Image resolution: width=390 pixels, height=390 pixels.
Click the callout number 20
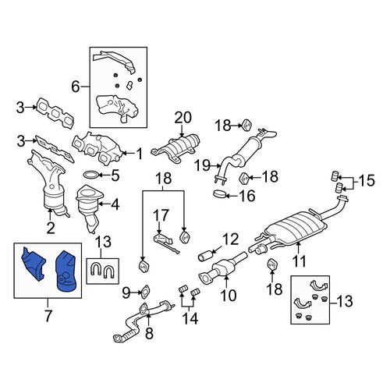click(183, 118)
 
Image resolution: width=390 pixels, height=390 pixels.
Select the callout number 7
click(48, 315)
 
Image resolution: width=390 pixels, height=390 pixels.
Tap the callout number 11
click(300, 261)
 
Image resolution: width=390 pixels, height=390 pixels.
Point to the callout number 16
click(247, 196)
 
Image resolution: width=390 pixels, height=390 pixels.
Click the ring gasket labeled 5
click(90, 175)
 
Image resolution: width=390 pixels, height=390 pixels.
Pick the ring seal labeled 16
click(220, 194)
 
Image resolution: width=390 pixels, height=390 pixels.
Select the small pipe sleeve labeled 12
click(205, 255)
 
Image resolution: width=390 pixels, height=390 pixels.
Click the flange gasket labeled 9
click(145, 292)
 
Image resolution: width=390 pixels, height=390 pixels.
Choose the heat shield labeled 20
click(177, 149)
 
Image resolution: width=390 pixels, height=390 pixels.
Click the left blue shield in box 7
click(34, 263)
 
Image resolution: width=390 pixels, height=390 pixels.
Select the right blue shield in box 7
click(67, 271)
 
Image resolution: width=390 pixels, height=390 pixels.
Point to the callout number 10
click(229, 295)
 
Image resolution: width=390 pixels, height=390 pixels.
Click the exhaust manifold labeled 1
click(97, 148)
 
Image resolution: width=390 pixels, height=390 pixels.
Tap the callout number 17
click(161, 215)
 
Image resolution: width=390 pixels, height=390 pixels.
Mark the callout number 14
click(190, 318)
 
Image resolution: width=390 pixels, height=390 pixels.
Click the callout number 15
click(367, 180)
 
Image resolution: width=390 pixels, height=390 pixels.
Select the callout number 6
click(76, 87)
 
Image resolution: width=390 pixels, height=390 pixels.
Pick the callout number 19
click(203, 165)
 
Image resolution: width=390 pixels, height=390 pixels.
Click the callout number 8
click(149, 333)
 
